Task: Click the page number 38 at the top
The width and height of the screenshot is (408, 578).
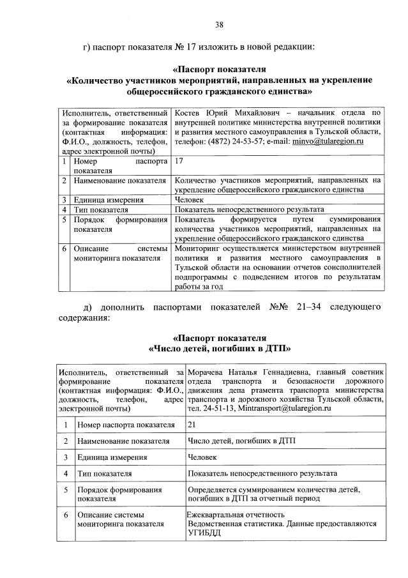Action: pos(219,25)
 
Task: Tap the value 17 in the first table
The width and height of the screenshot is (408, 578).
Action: pos(179,162)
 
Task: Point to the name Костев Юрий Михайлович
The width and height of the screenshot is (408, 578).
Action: pos(216,112)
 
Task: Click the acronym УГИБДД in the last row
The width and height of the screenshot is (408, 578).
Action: pos(206,533)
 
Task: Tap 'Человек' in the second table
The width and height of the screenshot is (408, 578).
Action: pos(203,457)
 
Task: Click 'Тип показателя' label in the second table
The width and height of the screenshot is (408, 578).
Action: pos(104,474)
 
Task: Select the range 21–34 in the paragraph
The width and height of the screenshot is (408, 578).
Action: pos(308,307)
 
